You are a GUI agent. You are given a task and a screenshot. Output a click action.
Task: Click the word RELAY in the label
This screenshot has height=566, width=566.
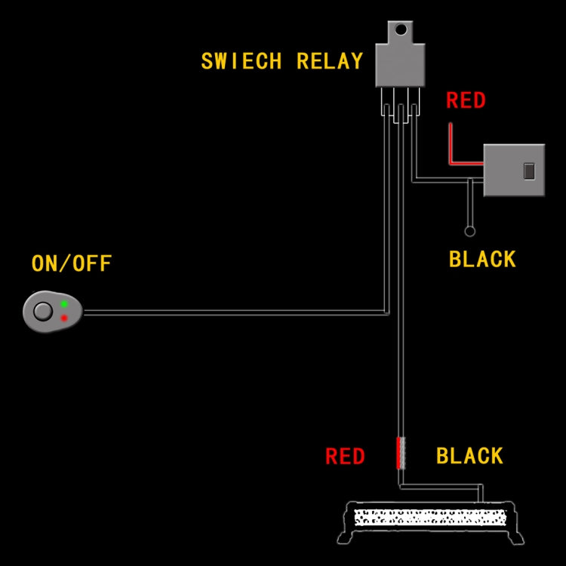coord(330,61)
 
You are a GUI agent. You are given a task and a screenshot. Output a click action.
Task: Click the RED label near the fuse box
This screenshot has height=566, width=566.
coord(466,100)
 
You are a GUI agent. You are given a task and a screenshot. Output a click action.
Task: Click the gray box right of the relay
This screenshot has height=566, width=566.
coord(513,170)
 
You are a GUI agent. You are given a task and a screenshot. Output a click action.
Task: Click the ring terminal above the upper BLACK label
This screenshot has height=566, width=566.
coord(470,232)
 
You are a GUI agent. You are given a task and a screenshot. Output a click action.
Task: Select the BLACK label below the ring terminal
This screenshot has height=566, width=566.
coord(482,259)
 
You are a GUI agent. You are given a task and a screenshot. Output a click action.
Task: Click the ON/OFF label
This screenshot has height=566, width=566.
coord(71,263)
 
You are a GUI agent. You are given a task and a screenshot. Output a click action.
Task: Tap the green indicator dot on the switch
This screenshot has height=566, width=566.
coord(64,303)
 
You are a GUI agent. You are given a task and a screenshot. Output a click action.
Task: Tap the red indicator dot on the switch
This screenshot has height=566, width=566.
coord(64,318)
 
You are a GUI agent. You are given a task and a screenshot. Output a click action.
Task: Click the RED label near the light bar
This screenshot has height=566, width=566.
coord(345,457)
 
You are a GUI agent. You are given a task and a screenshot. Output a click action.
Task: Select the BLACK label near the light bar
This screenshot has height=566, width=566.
coord(469,456)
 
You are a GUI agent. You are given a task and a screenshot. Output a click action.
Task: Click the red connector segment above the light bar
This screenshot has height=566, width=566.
coord(400,454)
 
